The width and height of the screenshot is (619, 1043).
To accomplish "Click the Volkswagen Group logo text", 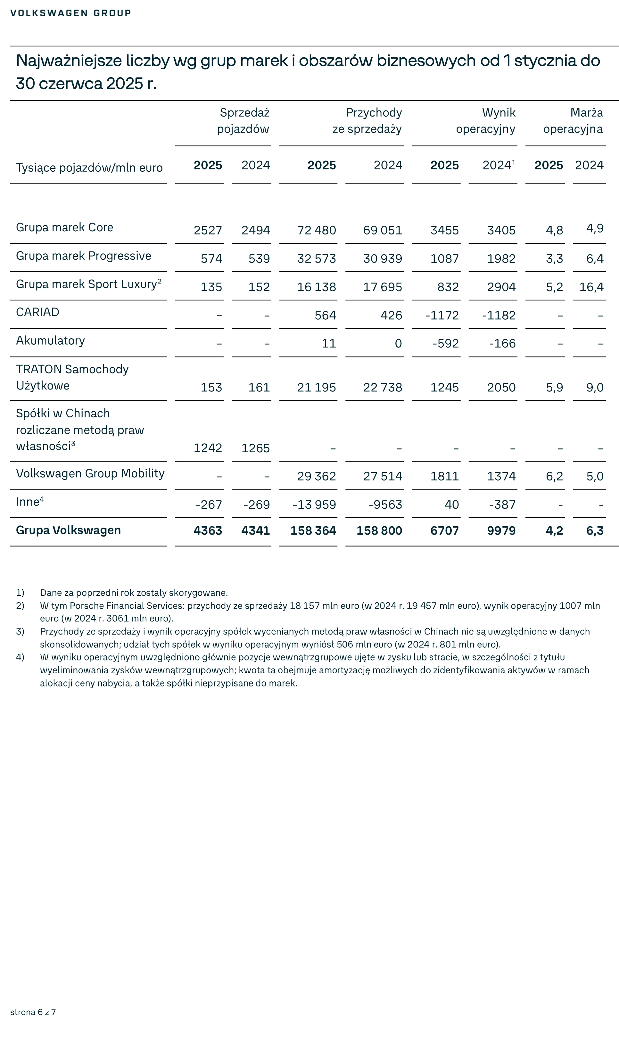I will (70, 13).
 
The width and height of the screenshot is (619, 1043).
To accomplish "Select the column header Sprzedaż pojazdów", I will (243, 120).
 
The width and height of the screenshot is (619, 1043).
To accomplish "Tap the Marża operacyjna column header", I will (573, 120).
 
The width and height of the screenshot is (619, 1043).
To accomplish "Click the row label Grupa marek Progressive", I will (83, 256).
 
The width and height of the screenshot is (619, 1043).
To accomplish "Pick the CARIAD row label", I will (37, 312).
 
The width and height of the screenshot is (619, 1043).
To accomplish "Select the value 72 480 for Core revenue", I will (316, 230).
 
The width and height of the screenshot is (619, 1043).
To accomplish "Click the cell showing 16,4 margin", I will (591, 287).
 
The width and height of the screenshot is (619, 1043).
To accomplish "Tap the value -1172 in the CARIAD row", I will (442, 315).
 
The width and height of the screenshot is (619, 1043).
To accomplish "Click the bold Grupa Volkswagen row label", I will (69, 530).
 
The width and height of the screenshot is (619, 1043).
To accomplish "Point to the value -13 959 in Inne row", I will (314, 505).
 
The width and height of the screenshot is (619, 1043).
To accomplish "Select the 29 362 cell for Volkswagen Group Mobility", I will (316, 476).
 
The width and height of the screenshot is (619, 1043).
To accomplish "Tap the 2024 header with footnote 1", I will (499, 165).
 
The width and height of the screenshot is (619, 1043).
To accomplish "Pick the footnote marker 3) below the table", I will (20, 631).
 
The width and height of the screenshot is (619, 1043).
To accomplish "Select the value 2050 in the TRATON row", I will (501, 387).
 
